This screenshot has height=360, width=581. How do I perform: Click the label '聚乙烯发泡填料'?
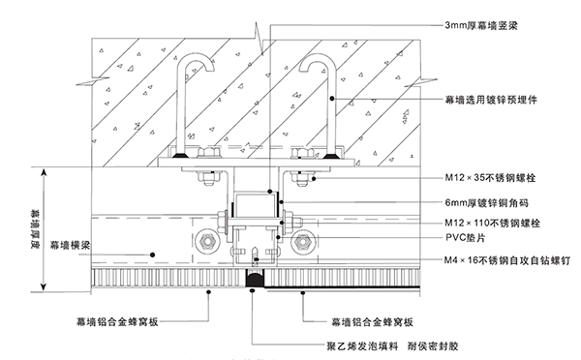pyautogui.click(x=309, y=344)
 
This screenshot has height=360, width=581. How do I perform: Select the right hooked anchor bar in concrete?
pyautogui.click(x=320, y=97)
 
